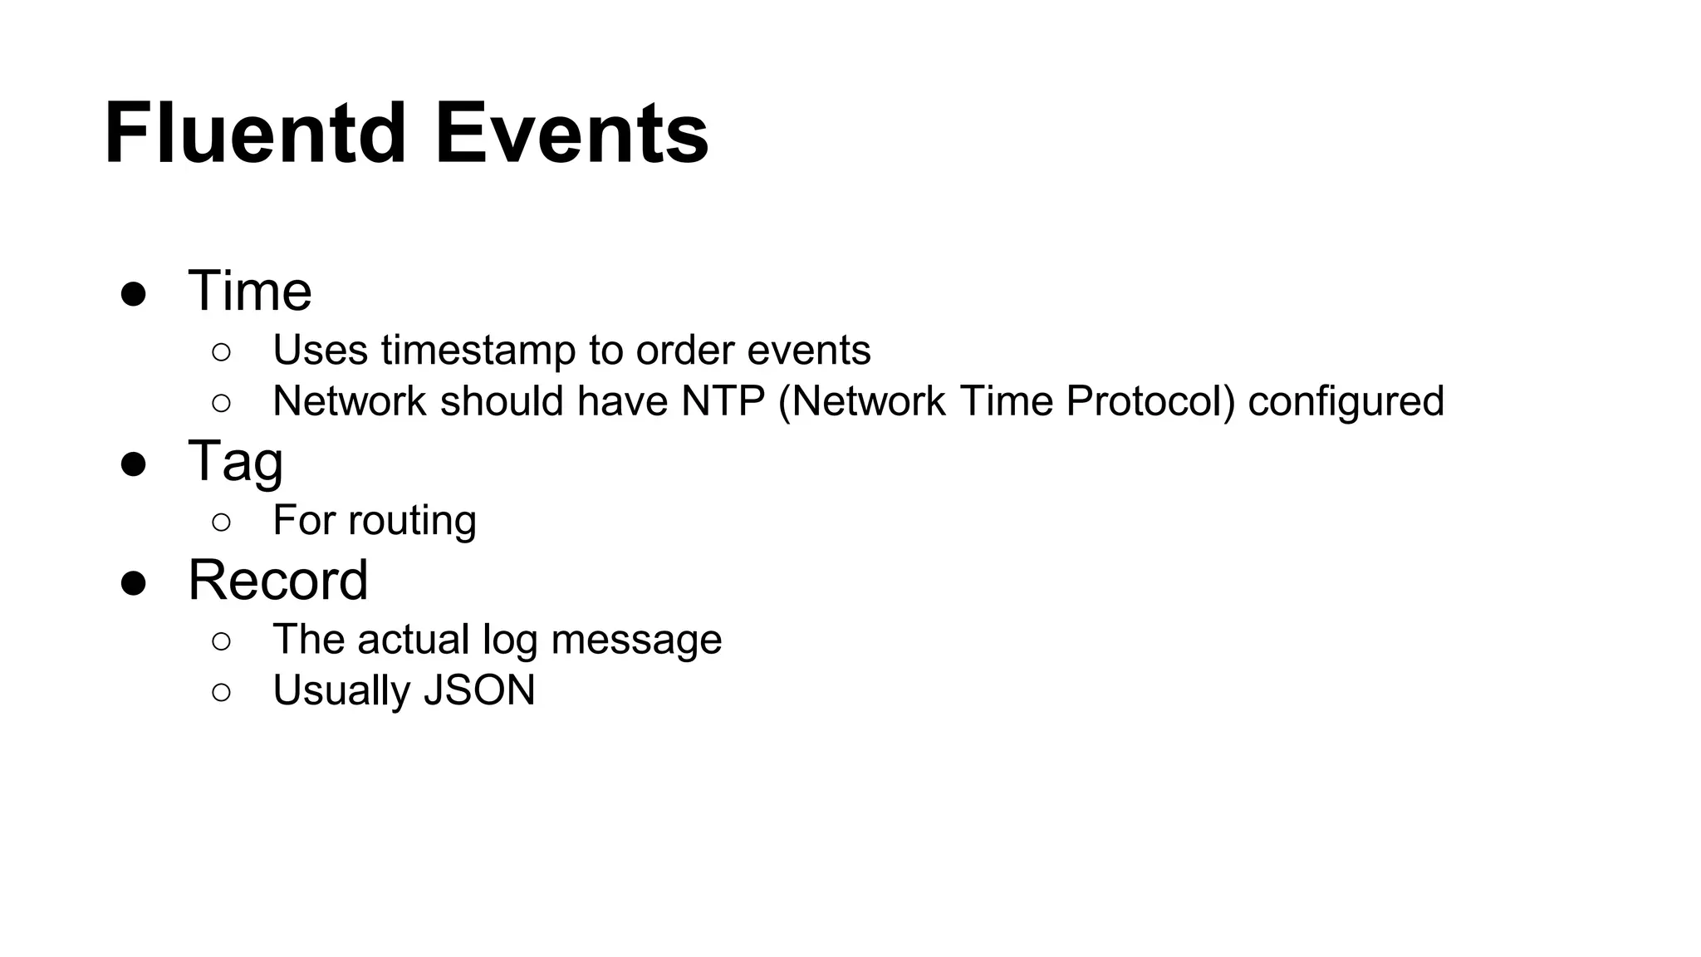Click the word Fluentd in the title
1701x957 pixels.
(255, 134)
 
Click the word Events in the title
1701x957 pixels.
(571, 134)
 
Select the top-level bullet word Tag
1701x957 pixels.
(236, 462)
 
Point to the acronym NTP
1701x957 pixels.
(723, 401)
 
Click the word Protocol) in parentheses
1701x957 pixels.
(1150, 401)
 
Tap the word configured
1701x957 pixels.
(1346, 403)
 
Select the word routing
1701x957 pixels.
(412, 522)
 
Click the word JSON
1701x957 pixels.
(479, 690)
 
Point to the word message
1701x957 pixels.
(636, 640)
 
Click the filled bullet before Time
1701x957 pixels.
(134, 295)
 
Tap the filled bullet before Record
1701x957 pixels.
(134, 583)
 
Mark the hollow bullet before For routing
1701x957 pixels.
(221, 523)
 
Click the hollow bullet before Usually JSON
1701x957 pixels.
(221, 692)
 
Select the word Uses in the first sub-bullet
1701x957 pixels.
(320, 351)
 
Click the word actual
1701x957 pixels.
(413, 640)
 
